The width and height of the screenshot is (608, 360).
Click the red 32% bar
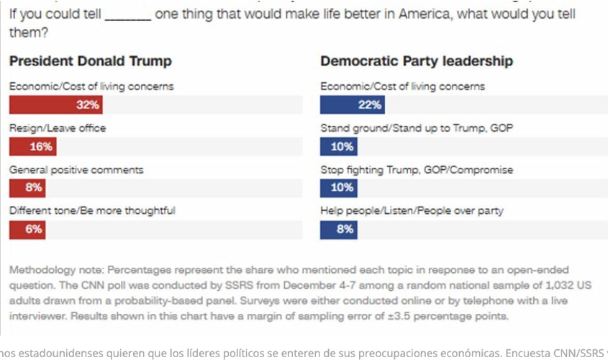click(x=55, y=104)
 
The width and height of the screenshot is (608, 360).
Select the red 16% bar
click(x=32, y=146)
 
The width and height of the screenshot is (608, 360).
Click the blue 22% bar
click(x=352, y=104)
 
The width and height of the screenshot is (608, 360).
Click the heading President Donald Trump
click(x=91, y=61)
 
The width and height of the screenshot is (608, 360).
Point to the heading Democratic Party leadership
click(x=417, y=61)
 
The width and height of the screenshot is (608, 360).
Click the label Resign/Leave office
click(x=58, y=128)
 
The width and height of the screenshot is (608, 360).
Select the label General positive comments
click(x=76, y=170)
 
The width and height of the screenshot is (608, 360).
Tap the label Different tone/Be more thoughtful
click(x=92, y=211)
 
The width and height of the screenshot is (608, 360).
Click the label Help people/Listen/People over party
click(x=412, y=211)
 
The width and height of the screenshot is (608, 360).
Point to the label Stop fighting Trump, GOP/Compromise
click(x=417, y=170)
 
